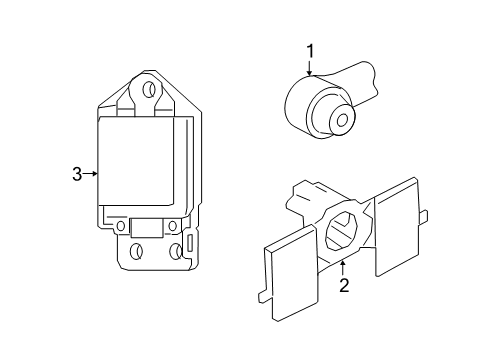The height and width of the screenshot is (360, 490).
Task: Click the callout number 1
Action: coord(310,51)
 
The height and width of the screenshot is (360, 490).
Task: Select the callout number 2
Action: coord(343,287)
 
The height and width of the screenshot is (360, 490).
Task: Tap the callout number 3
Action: coord(76,174)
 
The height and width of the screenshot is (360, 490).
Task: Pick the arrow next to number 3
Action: coord(92,174)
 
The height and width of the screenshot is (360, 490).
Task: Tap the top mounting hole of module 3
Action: coord(150,90)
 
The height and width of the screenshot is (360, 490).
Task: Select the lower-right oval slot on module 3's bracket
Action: coord(188,247)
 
